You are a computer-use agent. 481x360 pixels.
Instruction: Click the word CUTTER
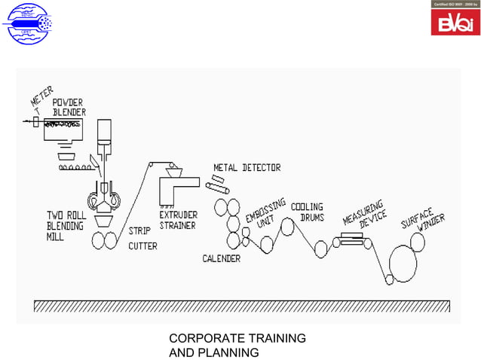(x=143, y=246)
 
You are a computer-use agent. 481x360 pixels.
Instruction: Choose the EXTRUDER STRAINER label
(x=178, y=220)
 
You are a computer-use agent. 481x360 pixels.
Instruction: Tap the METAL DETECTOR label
(x=247, y=167)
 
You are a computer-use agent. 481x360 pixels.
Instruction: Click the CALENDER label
(x=221, y=258)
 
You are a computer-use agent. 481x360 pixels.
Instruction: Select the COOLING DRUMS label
(x=308, y=212)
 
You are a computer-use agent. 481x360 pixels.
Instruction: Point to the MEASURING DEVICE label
(x=365, y=214)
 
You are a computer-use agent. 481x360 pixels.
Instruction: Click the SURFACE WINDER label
(x=423, y=212)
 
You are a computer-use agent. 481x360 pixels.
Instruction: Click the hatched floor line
(x=240, y=306)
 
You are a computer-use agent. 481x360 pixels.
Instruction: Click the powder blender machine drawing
(x=63, y=129)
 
